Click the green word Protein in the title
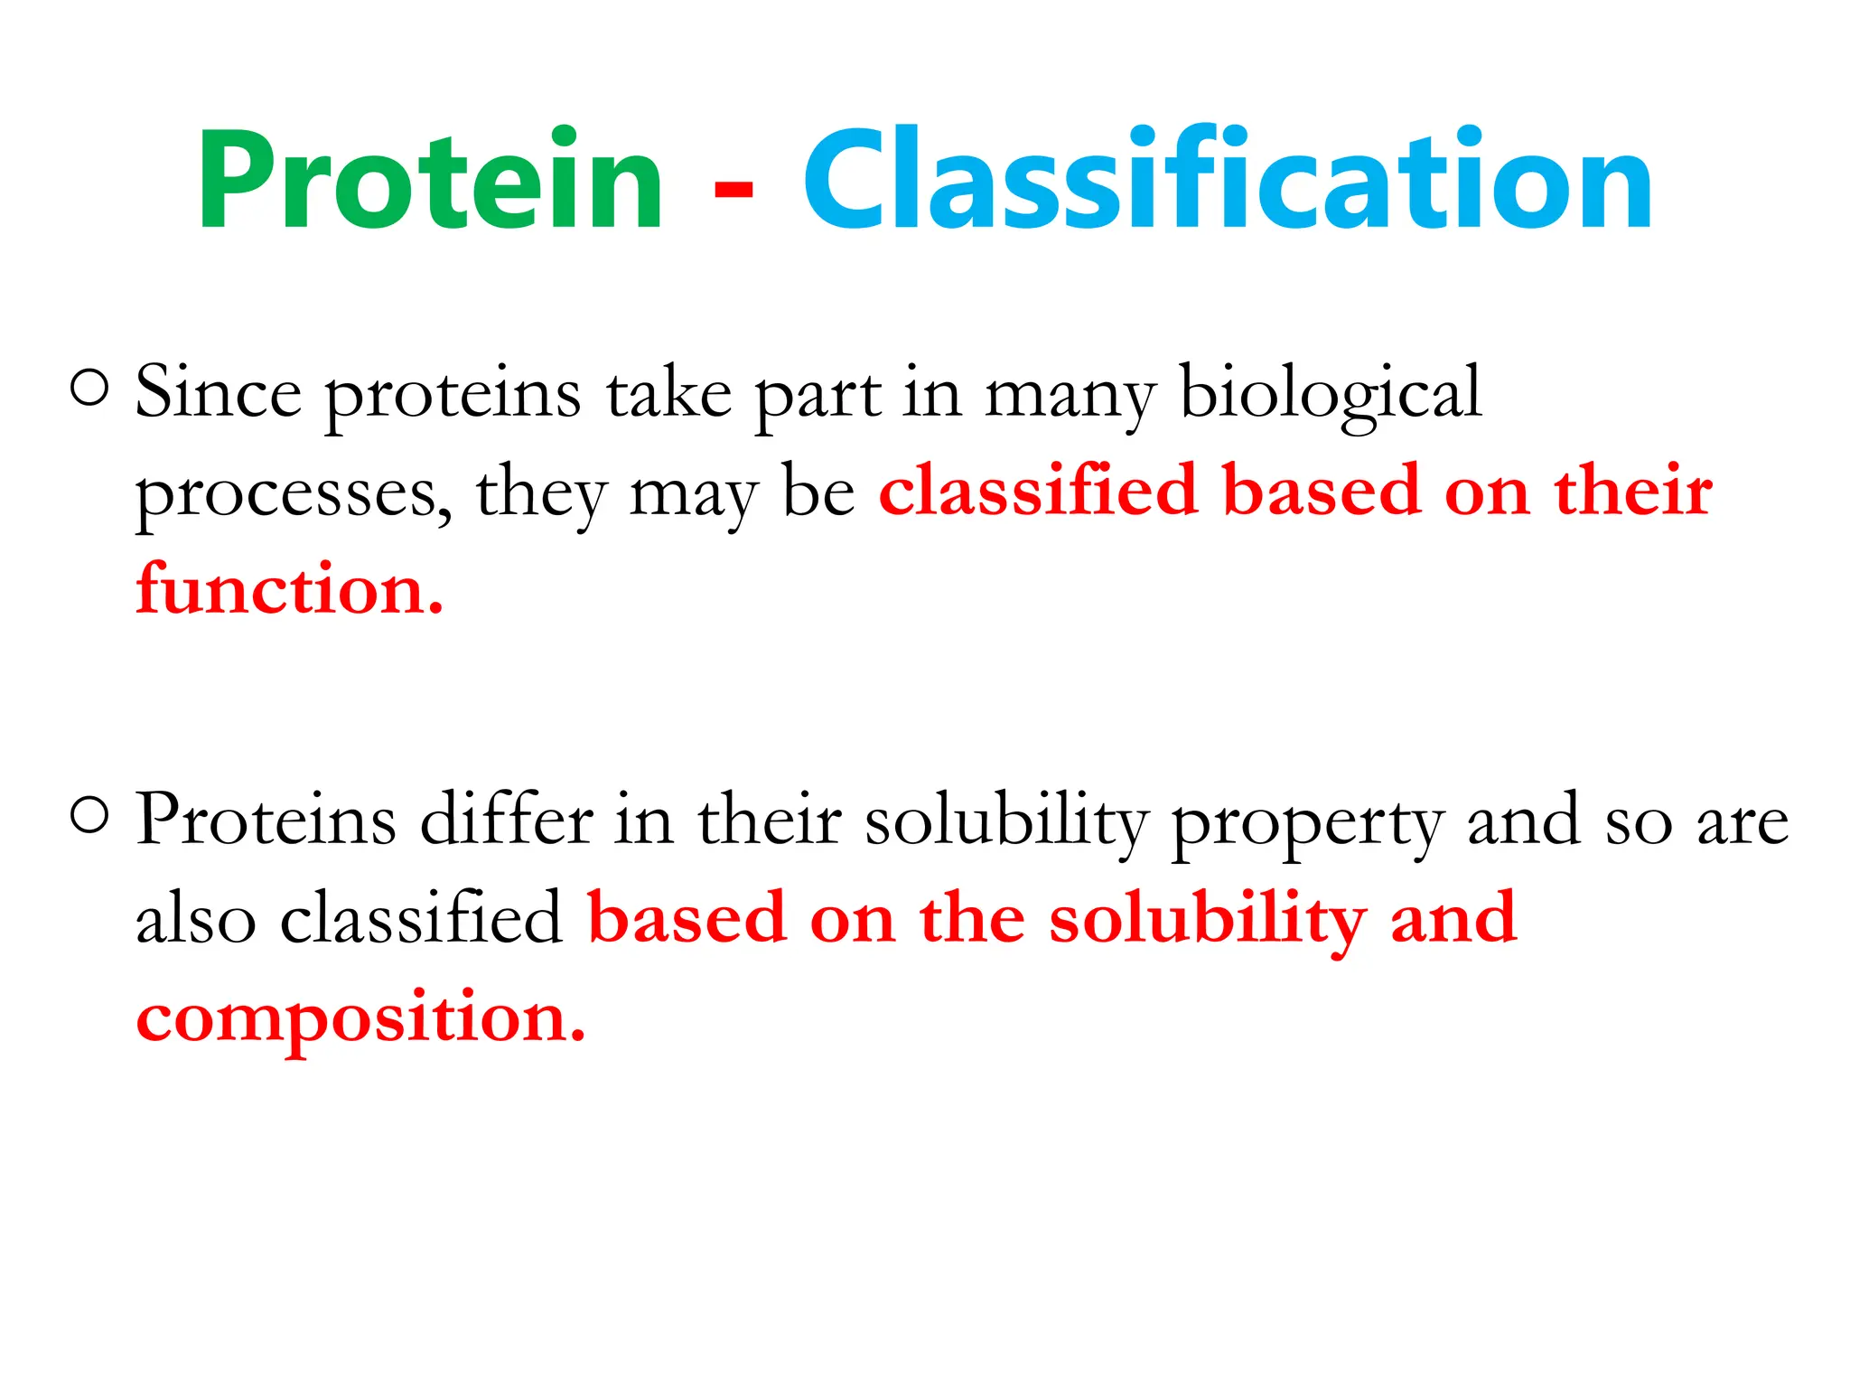pyautogui.click(x=431, y=181)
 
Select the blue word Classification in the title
pyautogui.click(x=1227, y=181)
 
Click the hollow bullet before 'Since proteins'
pyautogui.click(x=89, y=389)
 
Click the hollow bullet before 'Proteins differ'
pyautogui.click(x=89, y=817)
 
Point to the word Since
pyautogui.click(x=218, y=393)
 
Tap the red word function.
pyautogui.click(x=289, y=590)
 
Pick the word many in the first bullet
pyautogui.click(x=1070, y=398)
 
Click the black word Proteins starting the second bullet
pyautogui.click(x=266, y=821)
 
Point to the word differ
pyautogui.click(x=507, y=821)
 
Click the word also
pyautogui.click(x=196, y=920)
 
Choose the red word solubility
pyautogui.click(x=1208, y=920)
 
